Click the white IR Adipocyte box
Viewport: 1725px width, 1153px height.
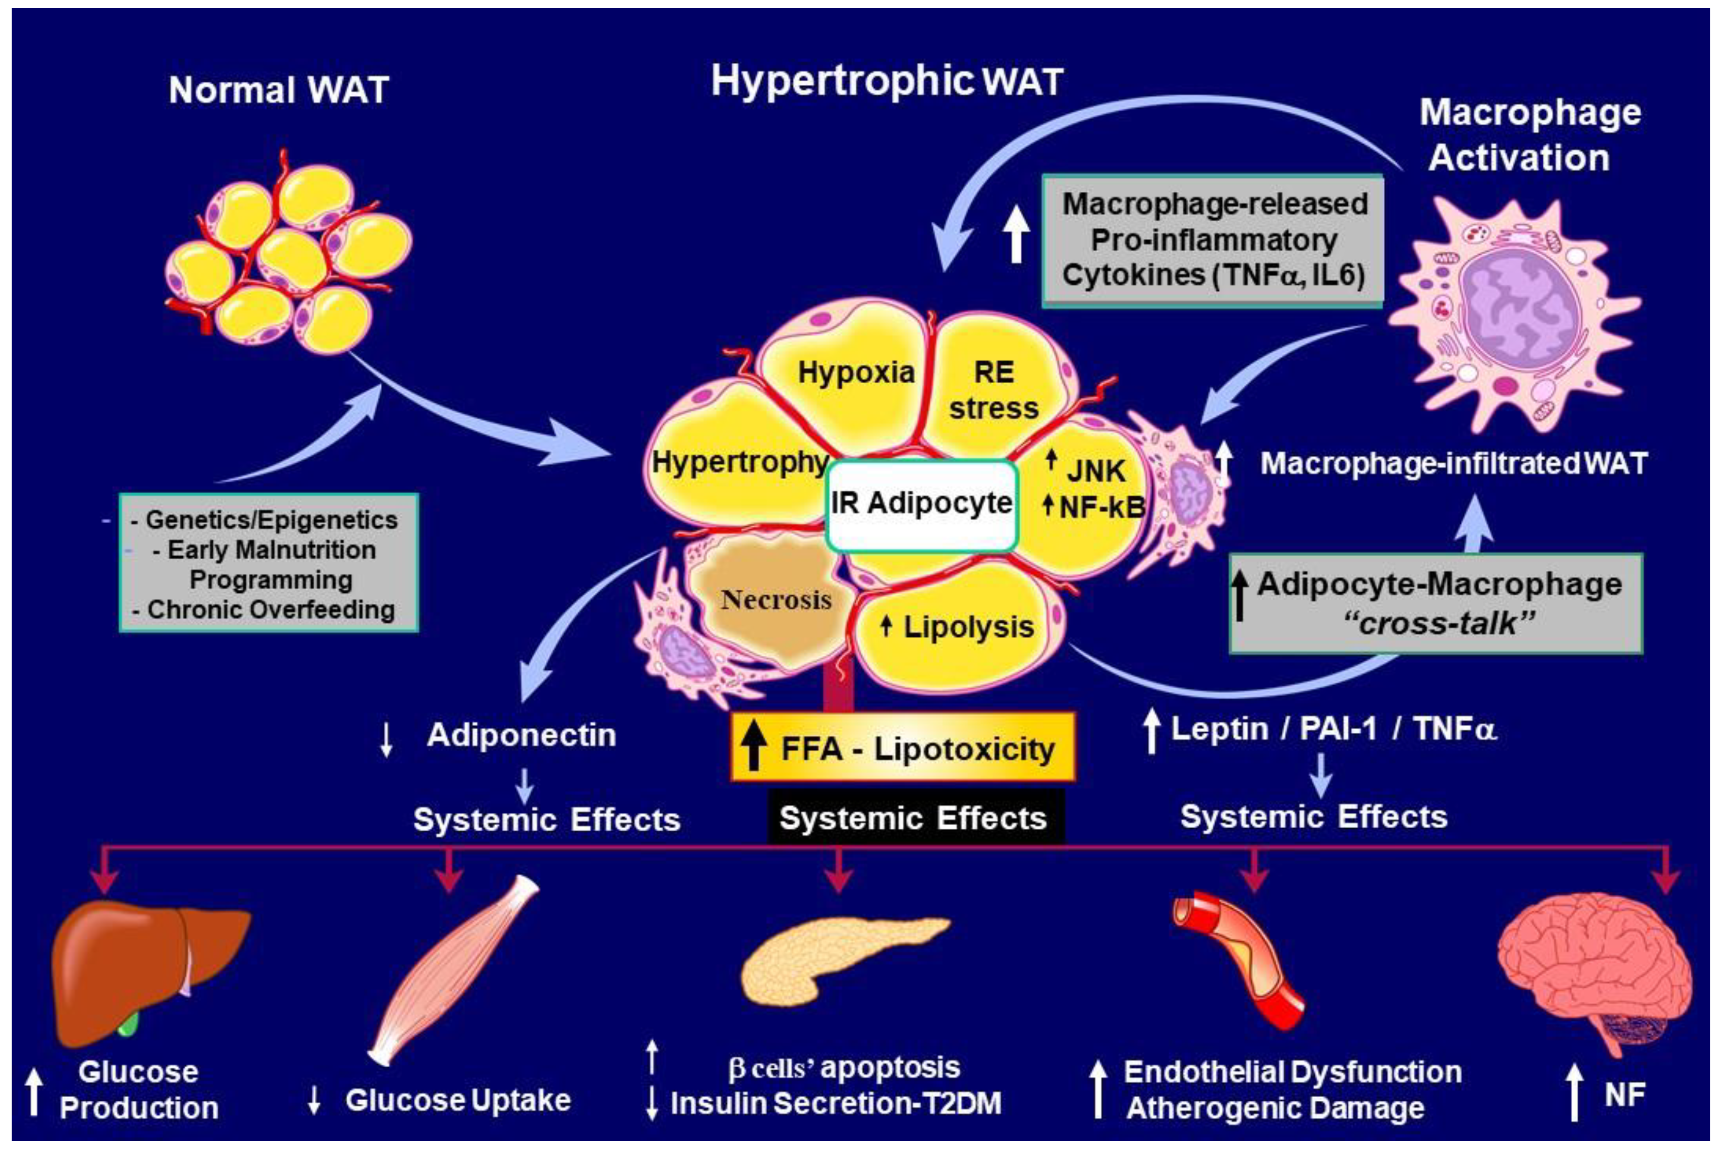tap(922, 504)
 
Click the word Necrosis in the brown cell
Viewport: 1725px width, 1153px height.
tap(776, 599)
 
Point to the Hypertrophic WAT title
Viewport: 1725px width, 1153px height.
tap(887, 80)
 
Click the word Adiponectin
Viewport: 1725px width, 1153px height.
tap(521, 735)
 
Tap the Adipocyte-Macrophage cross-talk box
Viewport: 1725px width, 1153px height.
tap(1436, 603)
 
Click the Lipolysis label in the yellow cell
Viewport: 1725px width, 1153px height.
tap(967, 627)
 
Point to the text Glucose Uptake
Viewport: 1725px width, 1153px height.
tap(458, 1100)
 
